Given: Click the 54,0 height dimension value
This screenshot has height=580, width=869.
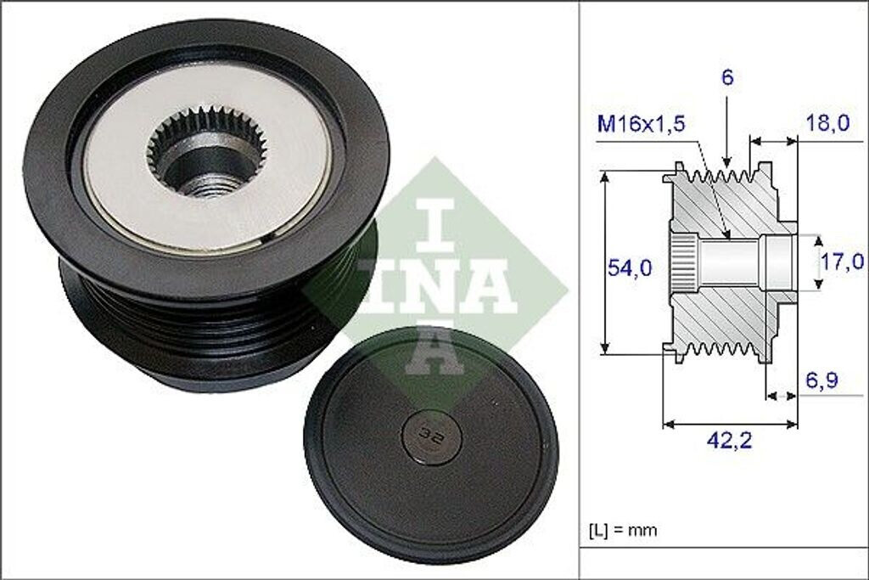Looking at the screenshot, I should (x=629, y=268).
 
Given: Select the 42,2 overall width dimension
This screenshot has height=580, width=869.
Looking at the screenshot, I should (x=728, y=440).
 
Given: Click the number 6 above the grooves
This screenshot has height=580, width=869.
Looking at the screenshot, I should (x=727, y=77).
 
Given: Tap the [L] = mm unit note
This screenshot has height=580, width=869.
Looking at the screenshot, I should (x=622, y=531).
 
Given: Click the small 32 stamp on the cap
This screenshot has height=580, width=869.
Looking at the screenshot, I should (x=425, y=433).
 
